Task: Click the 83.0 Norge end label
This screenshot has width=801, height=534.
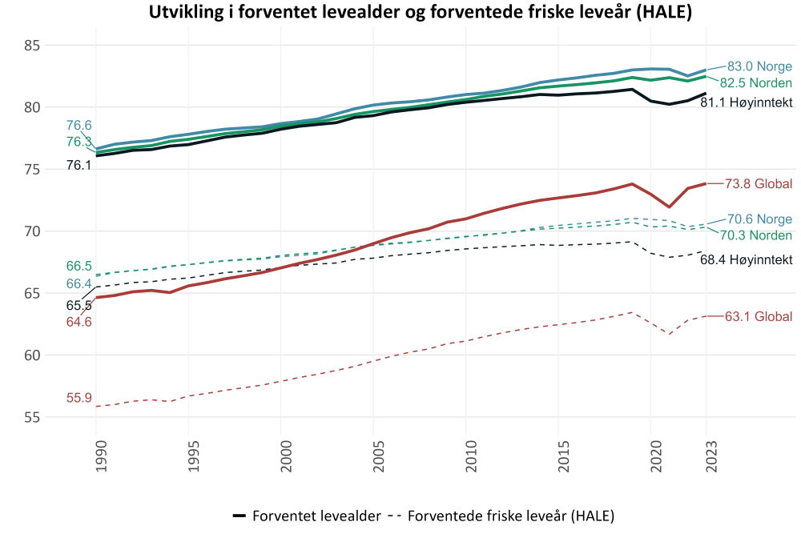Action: point(759,67)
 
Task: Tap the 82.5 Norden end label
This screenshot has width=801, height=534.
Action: point(756,82)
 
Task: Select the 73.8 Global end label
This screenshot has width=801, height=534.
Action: point(758,183)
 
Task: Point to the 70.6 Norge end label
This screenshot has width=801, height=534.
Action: point(759,219)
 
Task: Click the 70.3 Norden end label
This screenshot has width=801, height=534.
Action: point(756,235)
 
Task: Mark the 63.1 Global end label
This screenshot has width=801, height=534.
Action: point(758,316)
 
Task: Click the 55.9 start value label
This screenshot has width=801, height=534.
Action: point(78,398)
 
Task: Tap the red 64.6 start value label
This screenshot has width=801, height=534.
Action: point(78,322)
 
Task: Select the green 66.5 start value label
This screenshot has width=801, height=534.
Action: point(78,266)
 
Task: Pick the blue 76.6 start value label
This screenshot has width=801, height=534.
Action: point(78,125)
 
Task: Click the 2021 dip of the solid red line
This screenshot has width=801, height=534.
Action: point(669,207)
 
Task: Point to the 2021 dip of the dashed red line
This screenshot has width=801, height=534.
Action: point(669,334)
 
